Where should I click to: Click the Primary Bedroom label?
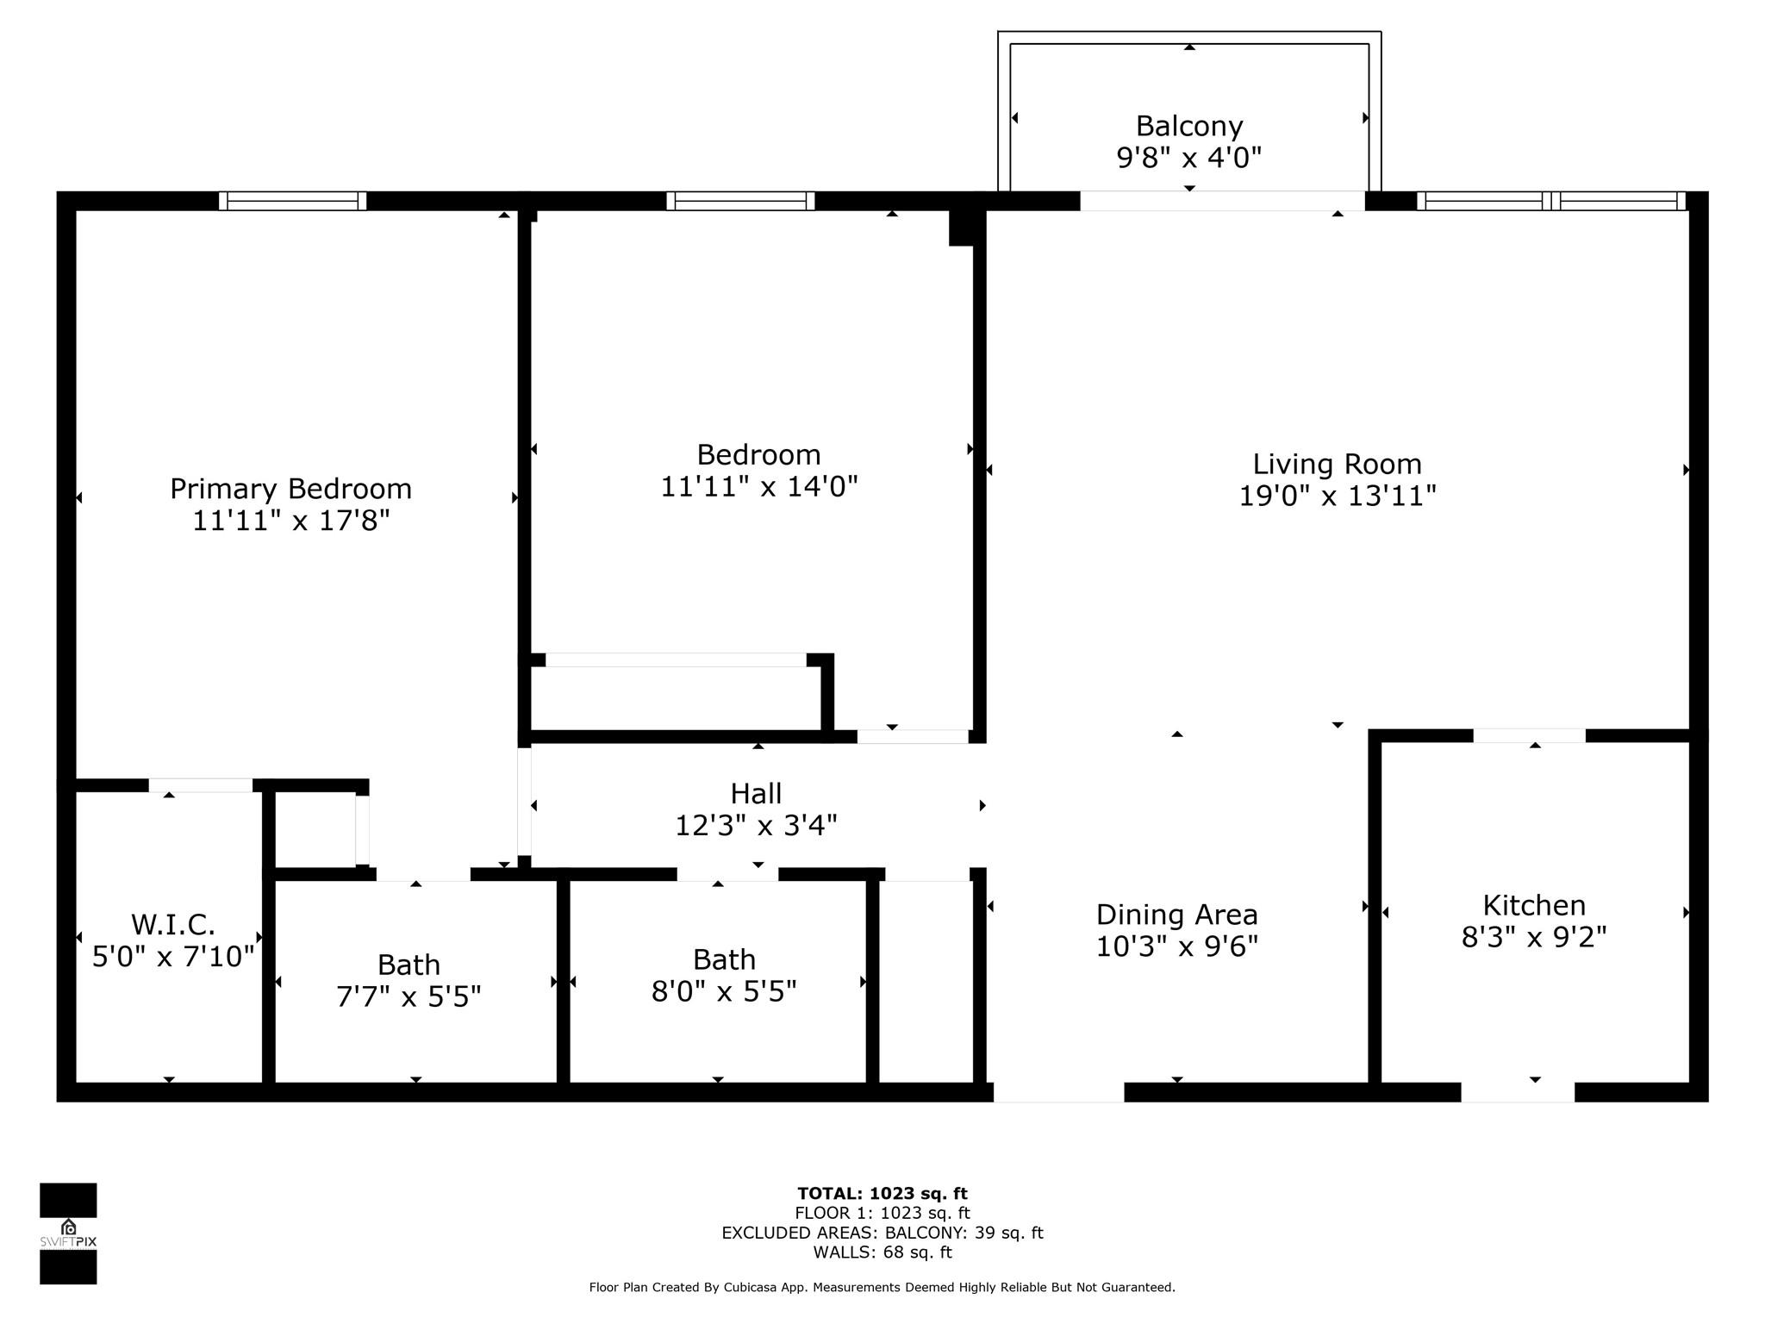pyautogui.click(x=290, y=489)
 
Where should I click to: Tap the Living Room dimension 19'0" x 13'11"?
pyautogui.click(x=1338, y=496)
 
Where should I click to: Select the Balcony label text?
pyautogui.click(x=1189, y=126)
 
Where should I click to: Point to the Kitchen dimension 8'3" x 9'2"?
pyautogui.click(x=1534, y=937)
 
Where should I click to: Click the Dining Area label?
pyautogui.click(x=1177, y=914)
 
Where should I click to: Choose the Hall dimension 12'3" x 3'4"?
pyautogui.click(x=756, y=826)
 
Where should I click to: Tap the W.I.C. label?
pyautogui.click(x=173, y=925)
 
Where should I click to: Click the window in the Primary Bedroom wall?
pyautogui.click(x=292, y=201)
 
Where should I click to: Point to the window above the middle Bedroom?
pyautogui.click(x=740, y=201)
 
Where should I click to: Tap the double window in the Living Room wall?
pyautogui.click(x=1551, y=201)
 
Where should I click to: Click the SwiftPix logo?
pyautogui.click(x=68, y=1233)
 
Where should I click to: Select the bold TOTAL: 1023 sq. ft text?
pyautogui.click(x=882, y=1194)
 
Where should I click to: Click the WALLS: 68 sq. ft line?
pyautogui.click(x=882, y=1252)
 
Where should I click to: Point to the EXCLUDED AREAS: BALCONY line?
pyautogui.click(x=882, y=1233)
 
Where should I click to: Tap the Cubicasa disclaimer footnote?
pyautogui.click(x=882, y=1287)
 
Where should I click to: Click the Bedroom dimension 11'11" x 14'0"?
pyautogui.click(x=759, y=487)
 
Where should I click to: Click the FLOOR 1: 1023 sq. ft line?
pyautogui.click(x=882, y=1214)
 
